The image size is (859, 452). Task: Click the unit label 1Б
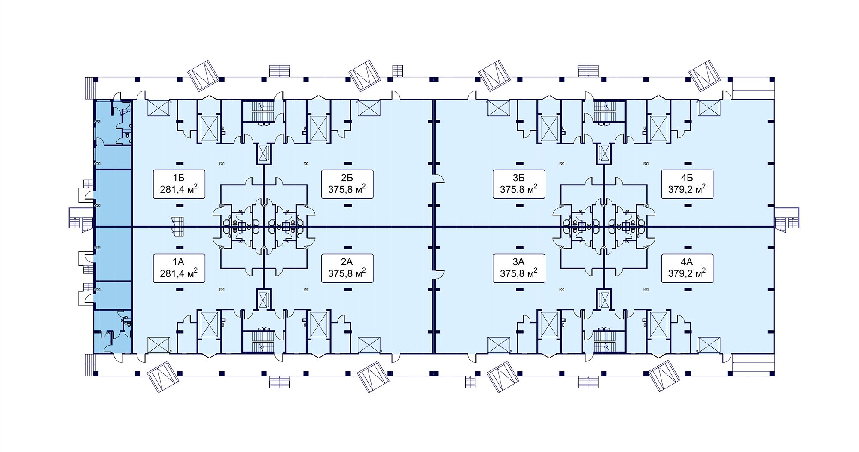point(179,177)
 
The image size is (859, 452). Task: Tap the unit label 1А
point(179,261)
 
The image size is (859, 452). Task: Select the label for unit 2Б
point(347,177)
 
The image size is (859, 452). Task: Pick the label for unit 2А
point(347,261)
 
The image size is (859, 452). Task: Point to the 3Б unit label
point(519,177)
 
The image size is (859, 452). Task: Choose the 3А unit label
point(519,261)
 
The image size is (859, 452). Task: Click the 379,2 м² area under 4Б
point(687,189)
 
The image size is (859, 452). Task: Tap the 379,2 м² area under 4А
point(687,273)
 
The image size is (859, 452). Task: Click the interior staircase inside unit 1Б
point(177,225)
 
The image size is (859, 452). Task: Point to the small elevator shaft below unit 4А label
point(603,299)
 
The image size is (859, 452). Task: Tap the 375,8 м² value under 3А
point(519,273)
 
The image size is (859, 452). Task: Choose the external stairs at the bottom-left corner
point(90,365)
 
